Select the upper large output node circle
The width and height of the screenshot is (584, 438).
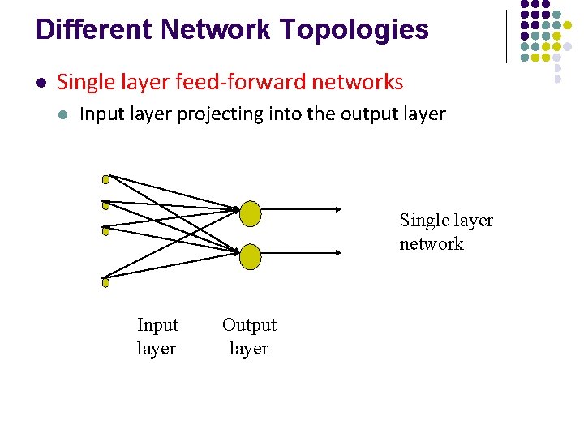pyautogui.click(x=251, y=214)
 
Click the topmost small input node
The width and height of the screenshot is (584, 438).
pyautogui.click(x=105, y=178)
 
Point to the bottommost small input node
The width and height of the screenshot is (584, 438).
pyautogui.click(x=105, y=283)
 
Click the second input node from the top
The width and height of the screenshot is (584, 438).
pyautogui.click(x=105, y=205)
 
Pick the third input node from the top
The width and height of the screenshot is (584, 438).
pyautogui.click(x=105, y=231)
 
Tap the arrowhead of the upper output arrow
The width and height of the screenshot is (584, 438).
pyautogui.click(x=338, y=209)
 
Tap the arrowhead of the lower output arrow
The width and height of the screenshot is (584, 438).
pyautogui.click(x=338, y=252)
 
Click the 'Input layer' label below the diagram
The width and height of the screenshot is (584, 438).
pyautogui.click(x=157, y=337)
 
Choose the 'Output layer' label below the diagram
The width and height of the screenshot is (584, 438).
pyautogui.click(x=249, y=337)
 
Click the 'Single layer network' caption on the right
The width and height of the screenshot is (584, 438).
pyautogui.click(x=445, y=232)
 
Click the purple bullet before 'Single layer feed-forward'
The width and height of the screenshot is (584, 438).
pyautogui.click(x=41, y=83)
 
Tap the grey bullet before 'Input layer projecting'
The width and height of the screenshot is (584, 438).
pyautogui.click(x=62, y=114)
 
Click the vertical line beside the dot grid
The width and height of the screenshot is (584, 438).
pyautogui.click(x=506, y=36)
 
